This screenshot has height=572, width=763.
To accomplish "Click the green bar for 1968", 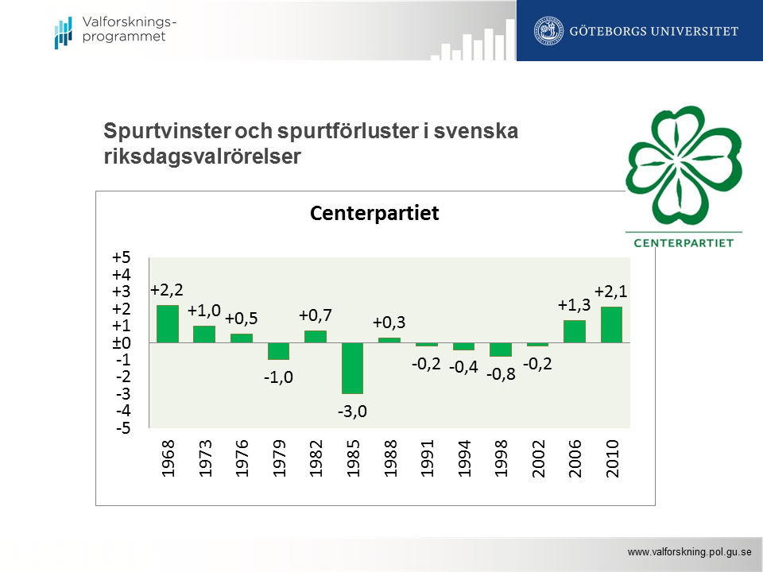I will pos(167,324).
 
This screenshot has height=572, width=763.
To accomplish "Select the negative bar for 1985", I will pos(353,368).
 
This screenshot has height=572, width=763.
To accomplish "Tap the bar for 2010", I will pos(611,325).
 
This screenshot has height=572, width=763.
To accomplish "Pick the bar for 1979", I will pos(278,351).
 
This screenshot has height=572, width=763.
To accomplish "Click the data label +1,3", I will pos(574,305).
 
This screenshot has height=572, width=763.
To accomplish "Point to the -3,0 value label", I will pos(353,412).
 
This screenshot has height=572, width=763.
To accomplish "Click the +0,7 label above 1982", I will pos(316,315).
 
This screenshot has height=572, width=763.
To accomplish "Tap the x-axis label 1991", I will pos(428,458).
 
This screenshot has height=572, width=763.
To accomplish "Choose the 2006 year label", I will pos(575,458).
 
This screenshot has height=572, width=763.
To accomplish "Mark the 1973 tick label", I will pos(205,458).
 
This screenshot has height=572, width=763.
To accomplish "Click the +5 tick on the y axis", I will pos(121,257).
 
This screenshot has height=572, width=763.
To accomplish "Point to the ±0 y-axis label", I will pos(121,343).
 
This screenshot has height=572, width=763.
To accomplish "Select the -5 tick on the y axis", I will pos(122,429).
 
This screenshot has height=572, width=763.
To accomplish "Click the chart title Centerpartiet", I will pos(374,214).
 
